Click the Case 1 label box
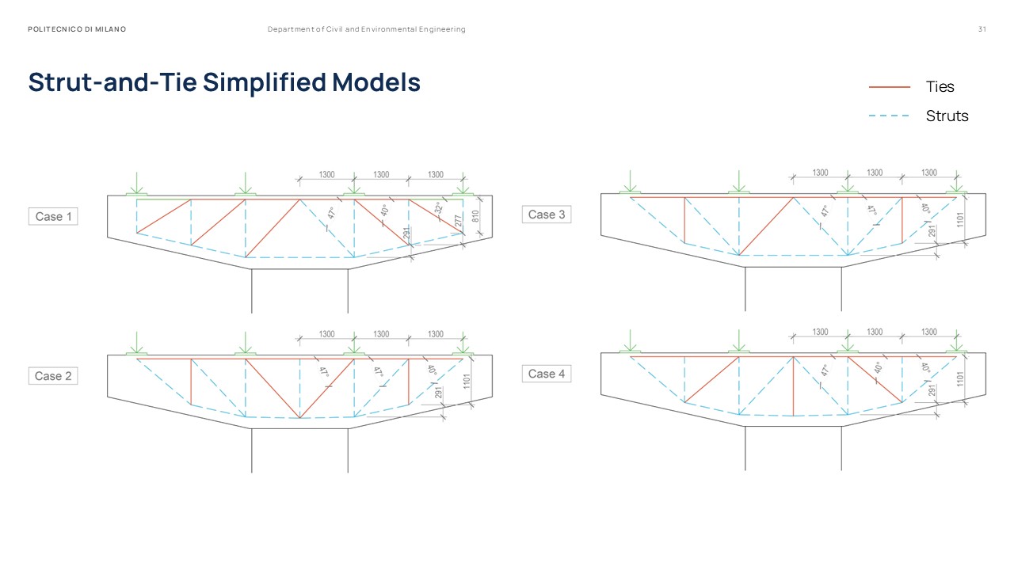click(x=54, y=216)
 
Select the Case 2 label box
click(x=54, y=376)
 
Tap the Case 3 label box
click(x=547, y=215)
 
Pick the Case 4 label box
click(x=547, y=374)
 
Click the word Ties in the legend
click(x=940, y=87)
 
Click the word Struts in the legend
click(x=947, y=116)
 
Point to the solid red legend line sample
click(x=890, y=87)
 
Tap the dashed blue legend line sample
click(x=890, y=116)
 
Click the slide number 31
click(x=982, y=29)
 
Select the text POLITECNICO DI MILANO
click(x=77, y=29)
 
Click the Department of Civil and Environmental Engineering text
click(x=366, y=29)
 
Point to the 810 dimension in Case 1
click(x=477, y=215)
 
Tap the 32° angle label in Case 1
click(x=438, y=209)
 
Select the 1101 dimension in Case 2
click(x=467, y=382)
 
